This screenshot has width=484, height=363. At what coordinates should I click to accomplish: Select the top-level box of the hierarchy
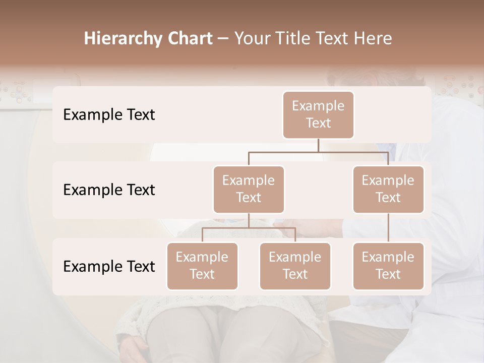point(318,114)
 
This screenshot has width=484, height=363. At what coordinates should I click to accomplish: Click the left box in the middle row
point(249,189)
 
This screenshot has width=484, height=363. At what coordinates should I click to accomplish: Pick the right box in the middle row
point(388,189)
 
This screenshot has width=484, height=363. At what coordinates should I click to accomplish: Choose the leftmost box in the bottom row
point(202,266)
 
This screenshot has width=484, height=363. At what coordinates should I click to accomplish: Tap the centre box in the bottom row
point(295,266)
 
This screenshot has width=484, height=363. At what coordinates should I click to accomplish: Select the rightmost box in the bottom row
point(388,266)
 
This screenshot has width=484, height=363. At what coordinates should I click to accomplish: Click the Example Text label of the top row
point(109,115)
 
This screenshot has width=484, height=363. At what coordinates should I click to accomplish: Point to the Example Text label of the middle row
point(109,190)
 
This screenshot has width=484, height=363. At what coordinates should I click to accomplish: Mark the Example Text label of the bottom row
point(109,266)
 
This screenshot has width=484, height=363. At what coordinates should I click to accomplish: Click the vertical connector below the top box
point(318,145)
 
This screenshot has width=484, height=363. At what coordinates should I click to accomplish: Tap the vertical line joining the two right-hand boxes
point(388,228)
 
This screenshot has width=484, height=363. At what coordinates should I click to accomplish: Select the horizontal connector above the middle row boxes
point(318,152)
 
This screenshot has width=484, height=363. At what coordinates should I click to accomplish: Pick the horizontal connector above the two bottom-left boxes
point(249,228)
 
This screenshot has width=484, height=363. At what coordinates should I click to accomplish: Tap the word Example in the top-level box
point(318,106)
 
